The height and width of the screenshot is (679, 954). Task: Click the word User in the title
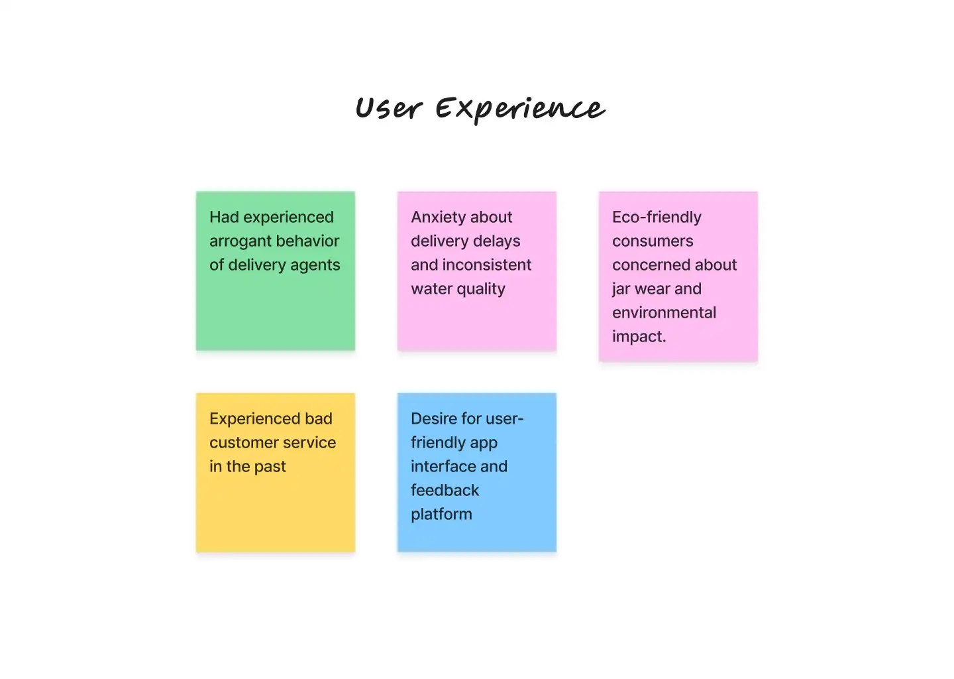(x=388, y=109)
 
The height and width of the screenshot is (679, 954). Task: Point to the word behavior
(x=307, y=241)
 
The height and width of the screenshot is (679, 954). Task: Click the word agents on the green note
(x=315, y=265)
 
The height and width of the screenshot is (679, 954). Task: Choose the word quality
(x=480, y=289)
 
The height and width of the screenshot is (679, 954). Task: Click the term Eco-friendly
(x=657, y=217)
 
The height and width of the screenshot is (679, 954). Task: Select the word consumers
(x=653, y=241)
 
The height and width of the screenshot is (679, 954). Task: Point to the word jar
(x=621, y=289)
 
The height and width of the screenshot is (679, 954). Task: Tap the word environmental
(x=664, y=312)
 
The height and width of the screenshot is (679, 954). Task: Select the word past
(x=270, y=467)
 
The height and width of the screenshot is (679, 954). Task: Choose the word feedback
(x=445, y=490)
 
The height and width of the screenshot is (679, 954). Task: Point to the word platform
(x=441, y=515)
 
